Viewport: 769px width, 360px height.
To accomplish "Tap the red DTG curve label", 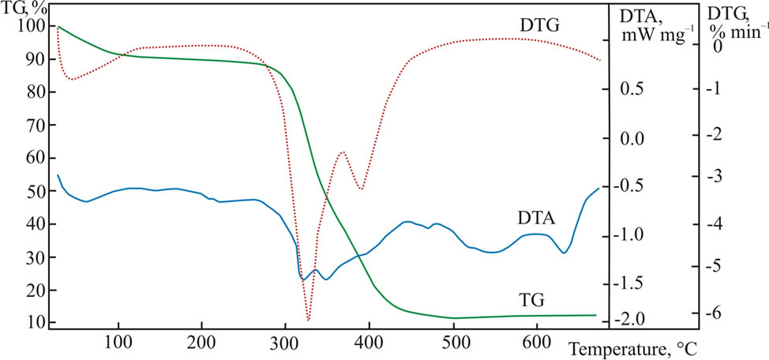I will click(x=539, y=25).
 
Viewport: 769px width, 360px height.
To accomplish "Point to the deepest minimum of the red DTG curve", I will click(x=308, y=320).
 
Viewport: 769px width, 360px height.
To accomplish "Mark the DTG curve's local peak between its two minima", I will click(x=342, y=152).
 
